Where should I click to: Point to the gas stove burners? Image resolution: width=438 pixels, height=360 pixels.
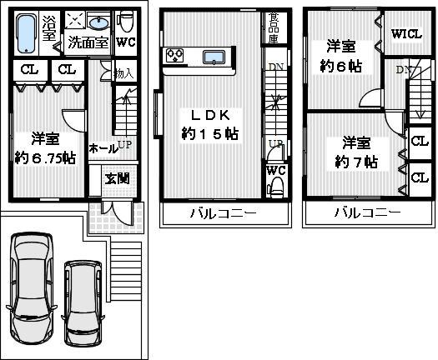pyautogui.click(x=176, y=56)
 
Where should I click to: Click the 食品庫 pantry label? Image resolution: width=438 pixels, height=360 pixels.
pyautogui.click(x=273, y=27)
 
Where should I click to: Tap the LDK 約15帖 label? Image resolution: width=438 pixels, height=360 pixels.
pyautogui.click(x=209, y=123)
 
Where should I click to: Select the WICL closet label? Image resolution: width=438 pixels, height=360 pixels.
pyautogui.click(x=406, y=34)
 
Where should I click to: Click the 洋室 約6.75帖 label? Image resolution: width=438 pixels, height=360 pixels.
pyautogui.click(x=45, y=147)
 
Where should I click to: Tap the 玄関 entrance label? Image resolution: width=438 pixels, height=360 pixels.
pyautogui.click(x=115, y=178)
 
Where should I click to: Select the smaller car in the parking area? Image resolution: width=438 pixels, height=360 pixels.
pyautogui.click(x=83, y=297)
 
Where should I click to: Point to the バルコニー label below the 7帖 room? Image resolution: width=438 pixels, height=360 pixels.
pyautogui.click(x=365, y=213)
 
